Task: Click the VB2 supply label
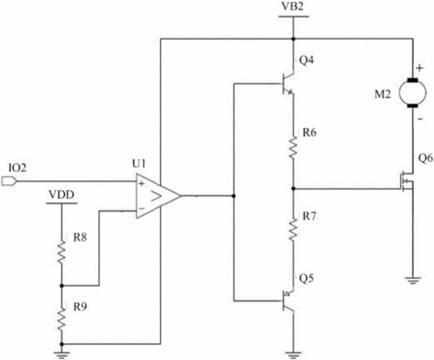(x=293, y=6)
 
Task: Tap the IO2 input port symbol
(x=9, y=182)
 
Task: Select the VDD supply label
(x=62, y=194)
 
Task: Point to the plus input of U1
(x=142, y=183)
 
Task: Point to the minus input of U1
(x=141, y=208)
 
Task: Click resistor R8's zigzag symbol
(x=62, y=252)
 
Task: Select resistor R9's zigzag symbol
(x=62, y=319)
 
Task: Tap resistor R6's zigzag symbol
(x=293, y=147)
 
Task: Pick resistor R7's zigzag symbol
(x=293, y=229)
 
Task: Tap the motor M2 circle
(x=412, y=93)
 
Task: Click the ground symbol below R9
(x=62, y=355)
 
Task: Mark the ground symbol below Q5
(x=293, y=355)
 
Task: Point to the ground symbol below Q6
(x=412, y=280)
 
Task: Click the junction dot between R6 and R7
(x=293, y=189)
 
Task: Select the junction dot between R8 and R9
(x=62, y=286)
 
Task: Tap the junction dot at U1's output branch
(x=234, y=196)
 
